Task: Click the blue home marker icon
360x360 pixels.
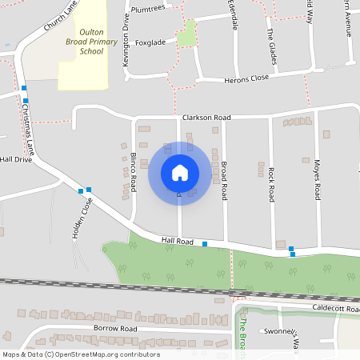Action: pyautogui.click(x=180, y=173)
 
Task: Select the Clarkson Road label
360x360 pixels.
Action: pyautogui.click(x=206, y=118)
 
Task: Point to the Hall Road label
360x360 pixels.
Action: pyautogui.click(x=178, y=240)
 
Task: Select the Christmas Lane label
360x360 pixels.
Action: pyautogui.click(x=29, y=129)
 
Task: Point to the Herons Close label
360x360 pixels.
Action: pyautogui.click(x=247, y=78)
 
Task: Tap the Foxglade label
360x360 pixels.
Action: pyautogui.click(x=150, y=42)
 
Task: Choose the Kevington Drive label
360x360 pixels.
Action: pyautogui.click(x=126, y=34)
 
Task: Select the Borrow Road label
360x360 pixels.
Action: pyautogui.click(x=115, y=328)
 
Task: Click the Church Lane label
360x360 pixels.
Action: pyautogui.click(x=59, y=15)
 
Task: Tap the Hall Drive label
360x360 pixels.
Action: pyautogui.click(x=15, y=159)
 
